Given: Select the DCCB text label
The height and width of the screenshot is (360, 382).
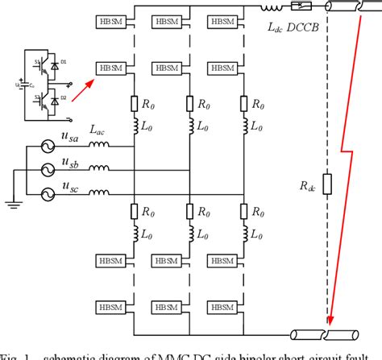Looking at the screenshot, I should (307, 27).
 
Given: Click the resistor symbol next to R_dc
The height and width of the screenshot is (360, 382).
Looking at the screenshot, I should (326, 184).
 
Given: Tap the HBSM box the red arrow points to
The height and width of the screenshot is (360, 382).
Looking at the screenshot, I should (110, 70).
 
